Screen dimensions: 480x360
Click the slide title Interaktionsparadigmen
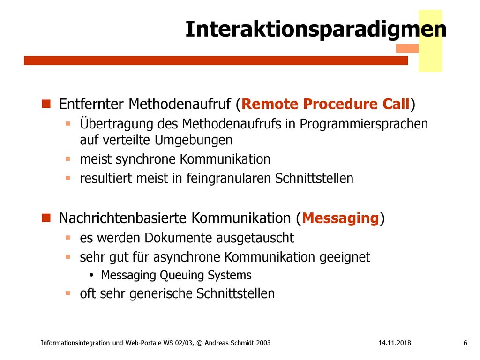315,30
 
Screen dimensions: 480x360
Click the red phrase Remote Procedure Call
325,104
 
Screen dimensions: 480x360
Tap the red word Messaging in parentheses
340,218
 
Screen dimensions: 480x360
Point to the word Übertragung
117,124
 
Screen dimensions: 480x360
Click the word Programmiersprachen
364,124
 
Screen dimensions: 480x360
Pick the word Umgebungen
194,140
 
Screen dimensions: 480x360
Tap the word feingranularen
229,179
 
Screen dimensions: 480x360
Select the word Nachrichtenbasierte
123,218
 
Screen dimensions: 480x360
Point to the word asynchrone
187,257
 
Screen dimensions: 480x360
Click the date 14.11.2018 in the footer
395,343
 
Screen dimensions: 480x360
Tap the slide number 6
465,343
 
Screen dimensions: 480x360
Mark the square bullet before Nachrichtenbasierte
46,217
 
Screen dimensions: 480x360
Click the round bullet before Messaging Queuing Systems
91,275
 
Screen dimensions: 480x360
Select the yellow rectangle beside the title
430,41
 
